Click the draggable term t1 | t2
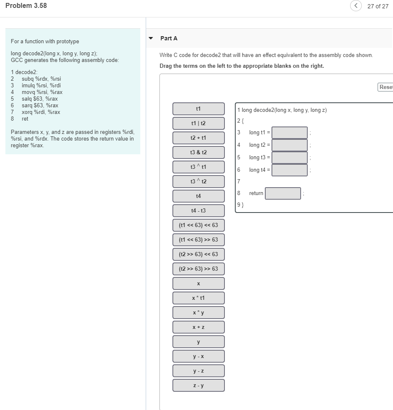199,123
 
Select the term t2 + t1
199,138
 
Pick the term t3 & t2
199,153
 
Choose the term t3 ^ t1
199,167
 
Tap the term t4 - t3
199,211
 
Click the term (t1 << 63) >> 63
199,240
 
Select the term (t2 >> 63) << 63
199,254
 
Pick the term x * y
199,313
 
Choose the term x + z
199,327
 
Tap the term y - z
199,371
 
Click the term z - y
199,385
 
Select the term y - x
199,356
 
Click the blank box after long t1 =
290,133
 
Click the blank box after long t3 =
290,158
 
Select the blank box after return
283,193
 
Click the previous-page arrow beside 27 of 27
356,6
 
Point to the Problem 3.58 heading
26,6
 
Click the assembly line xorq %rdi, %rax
41,112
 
